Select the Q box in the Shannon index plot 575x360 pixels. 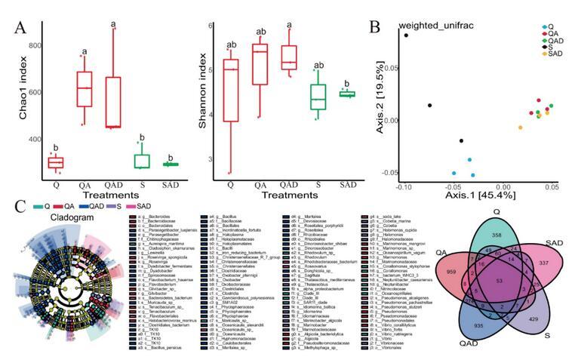(231, 89)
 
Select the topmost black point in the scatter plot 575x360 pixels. (406, 35)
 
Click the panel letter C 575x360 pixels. (20, 205)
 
